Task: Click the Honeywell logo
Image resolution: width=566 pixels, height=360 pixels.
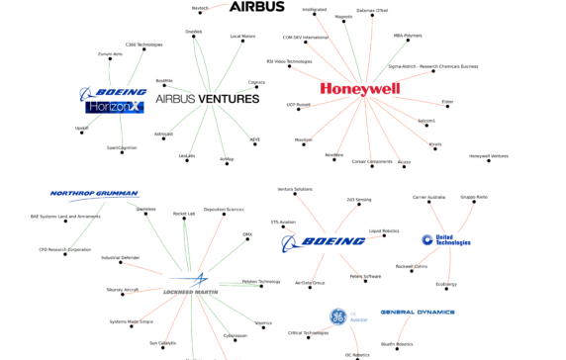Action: [360, 89]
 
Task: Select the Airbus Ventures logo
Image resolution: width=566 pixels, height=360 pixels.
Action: [208, 99]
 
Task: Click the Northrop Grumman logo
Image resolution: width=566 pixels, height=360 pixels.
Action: [94, 195]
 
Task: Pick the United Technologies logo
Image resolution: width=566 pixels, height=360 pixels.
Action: [445, 239]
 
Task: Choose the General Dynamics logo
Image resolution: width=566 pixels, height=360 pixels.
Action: [417, 312]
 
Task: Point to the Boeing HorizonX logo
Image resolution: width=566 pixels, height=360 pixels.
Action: [112, 100]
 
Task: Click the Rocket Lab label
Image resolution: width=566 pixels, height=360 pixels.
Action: [184, 214]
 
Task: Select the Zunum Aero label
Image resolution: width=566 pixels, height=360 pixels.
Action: [111, 54]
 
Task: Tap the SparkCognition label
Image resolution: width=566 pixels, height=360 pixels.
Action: [122, 148]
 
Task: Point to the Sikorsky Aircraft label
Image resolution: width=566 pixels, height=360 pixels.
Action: [123, 290]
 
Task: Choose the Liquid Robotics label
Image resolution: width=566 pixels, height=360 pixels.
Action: [384, 231]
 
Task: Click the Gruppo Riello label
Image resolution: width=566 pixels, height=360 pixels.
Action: [474, 197]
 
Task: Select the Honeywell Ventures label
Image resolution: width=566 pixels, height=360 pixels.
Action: [489, 156]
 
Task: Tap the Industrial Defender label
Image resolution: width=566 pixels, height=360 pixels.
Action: [122, 257]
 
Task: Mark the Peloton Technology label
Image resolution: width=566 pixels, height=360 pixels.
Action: [260, 282]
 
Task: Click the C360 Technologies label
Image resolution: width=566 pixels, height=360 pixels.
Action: [143, 45]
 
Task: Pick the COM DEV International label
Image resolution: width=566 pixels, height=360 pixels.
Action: [305, 38]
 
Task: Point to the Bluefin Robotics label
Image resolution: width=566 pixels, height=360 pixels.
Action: [424, 344]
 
